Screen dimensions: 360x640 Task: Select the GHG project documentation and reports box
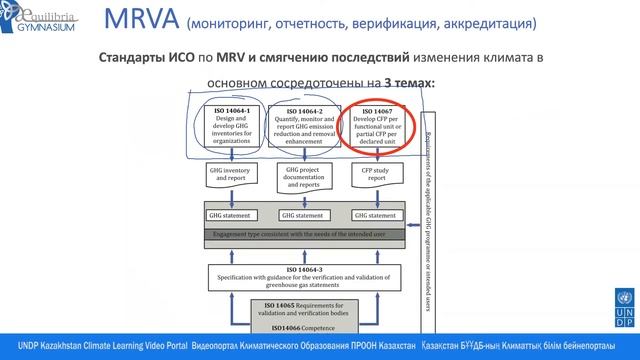[305, 179]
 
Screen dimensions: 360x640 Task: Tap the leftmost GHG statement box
[233, 215]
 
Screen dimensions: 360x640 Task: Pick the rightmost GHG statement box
[378, 215]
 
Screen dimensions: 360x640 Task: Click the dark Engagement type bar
[305, 235]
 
